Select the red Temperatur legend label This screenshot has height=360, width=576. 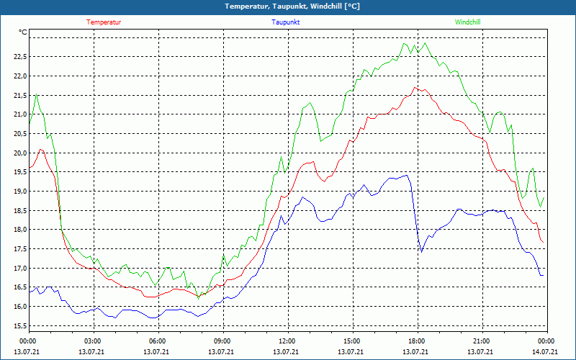104,22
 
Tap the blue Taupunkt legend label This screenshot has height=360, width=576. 286,22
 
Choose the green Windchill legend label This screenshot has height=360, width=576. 467,22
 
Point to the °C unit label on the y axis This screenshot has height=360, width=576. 23,32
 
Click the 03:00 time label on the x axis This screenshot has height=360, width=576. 93,341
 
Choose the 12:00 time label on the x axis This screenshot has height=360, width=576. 287,341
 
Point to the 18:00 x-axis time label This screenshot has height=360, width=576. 417,341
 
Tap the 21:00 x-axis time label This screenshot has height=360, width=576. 482,341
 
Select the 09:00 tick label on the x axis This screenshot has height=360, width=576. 222,341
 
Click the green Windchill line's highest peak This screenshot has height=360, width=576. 426,43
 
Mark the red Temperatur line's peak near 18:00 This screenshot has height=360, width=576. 416,87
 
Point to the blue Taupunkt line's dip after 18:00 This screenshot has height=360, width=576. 421,251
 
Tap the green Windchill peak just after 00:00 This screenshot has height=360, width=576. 37,94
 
